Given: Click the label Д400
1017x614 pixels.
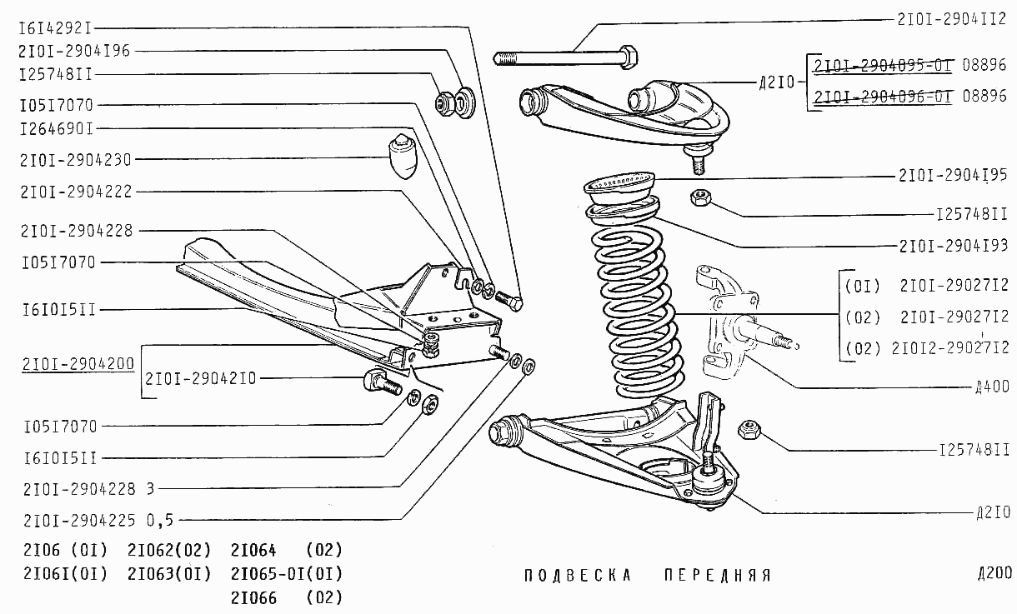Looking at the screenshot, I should tap(993, 387).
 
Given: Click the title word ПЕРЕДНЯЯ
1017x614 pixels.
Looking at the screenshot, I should tap(718, 576).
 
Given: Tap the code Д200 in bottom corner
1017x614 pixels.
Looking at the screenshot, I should tap(994, 573).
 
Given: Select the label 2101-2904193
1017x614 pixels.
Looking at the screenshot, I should tap(954, 245).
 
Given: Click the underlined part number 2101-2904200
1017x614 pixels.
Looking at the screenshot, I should tap(78, 364).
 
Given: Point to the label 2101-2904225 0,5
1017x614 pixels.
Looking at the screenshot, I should tap(98, 521).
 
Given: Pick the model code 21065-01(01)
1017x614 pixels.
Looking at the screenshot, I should tap(286, 573).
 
